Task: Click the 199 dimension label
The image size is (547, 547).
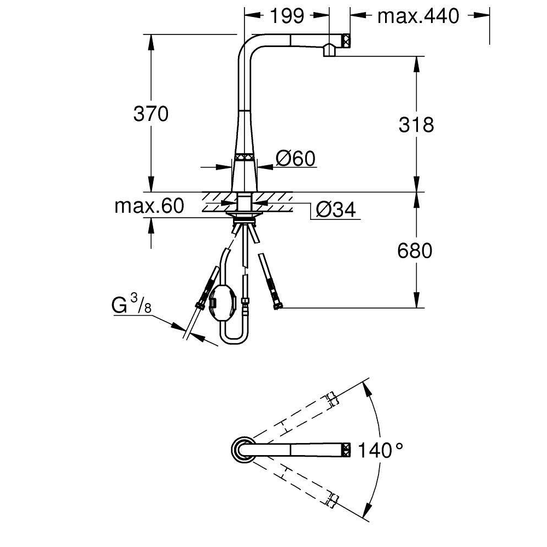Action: [x=287, y=16]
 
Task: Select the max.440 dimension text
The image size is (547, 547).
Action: [x=418, y=16]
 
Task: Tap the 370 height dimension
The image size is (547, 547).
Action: [x=151, y=114]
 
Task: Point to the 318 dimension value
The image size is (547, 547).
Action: [x=416, y=124]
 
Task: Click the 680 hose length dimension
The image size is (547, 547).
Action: [x=415, y=251]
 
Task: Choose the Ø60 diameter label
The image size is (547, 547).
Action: [x=295, y=159]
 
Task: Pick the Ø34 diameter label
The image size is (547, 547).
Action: [x=336, y=210]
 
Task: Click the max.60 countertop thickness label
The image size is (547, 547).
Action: [x=149, y=206]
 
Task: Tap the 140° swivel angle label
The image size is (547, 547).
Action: [x=381, y=450]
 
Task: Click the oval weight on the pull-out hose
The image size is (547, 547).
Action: [x=223, y=301]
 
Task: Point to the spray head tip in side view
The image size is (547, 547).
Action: [x=346, y=40]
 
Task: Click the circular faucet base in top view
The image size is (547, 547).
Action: [x=241, y=450]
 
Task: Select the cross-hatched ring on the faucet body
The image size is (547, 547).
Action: [x=244, y=157]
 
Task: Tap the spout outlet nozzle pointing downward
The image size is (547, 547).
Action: [x=329, y=50]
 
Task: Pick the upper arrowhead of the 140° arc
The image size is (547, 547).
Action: [x=366, y=388]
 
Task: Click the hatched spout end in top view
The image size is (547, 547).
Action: [x=346, y=450]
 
